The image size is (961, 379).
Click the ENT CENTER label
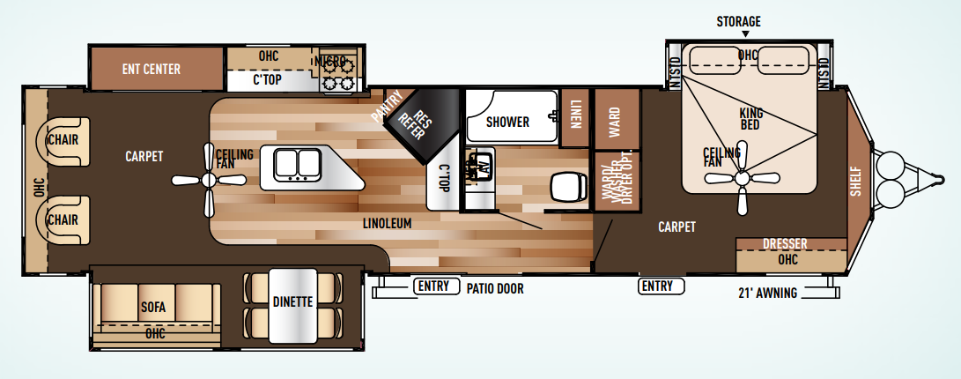(x=151, y=69)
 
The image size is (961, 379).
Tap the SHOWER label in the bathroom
(x=507, y=122)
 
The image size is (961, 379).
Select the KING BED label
(x=751, y=120)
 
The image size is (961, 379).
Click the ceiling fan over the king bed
(x=742, y=179)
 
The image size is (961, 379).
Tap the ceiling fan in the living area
(x=209, y=181)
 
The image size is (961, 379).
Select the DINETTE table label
(x=292, y=301)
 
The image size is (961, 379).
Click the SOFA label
(x=153, y=308)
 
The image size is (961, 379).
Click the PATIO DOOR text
(x=495, y=287)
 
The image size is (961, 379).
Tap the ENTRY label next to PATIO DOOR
(x=433, y=286)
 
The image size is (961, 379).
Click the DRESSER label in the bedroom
(x=786, y=244)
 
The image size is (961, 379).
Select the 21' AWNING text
(x=768, y=293)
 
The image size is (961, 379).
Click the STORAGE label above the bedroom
(x=738, y=21)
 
